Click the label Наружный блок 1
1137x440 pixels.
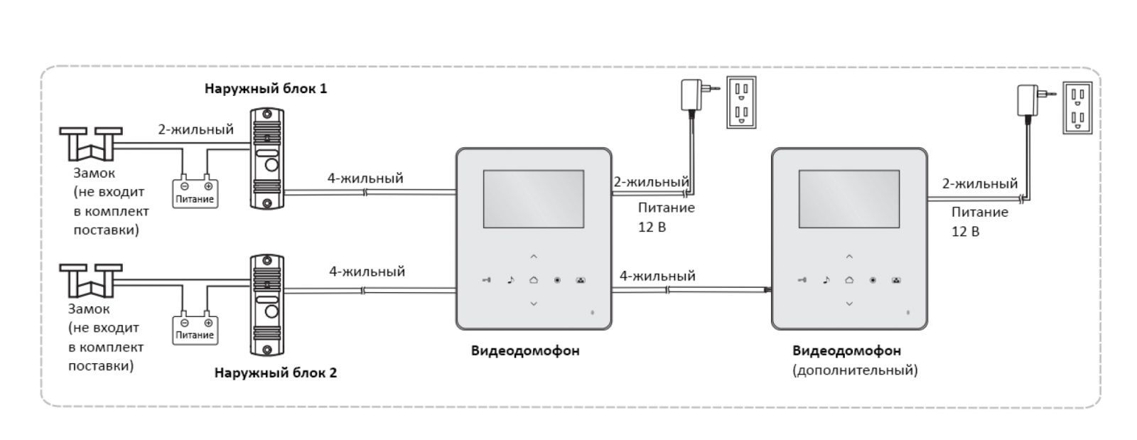point(266,89)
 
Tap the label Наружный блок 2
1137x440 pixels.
point(276,372)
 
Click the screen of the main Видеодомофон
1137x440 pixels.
point(534,198)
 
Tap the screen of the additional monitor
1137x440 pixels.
point(849,198)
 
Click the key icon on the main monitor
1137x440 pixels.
point(486,280)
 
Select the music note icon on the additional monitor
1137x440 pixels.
point(826,280)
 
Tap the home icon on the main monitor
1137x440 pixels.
point(534,280)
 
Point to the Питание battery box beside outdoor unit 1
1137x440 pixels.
point(195,191)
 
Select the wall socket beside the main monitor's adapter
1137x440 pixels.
point(740,102)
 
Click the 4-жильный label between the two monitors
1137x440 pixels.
point(657,276)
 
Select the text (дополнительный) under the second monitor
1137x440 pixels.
point(855,370)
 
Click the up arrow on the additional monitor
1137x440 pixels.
point(849,257)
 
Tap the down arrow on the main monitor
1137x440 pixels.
point(534,304)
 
